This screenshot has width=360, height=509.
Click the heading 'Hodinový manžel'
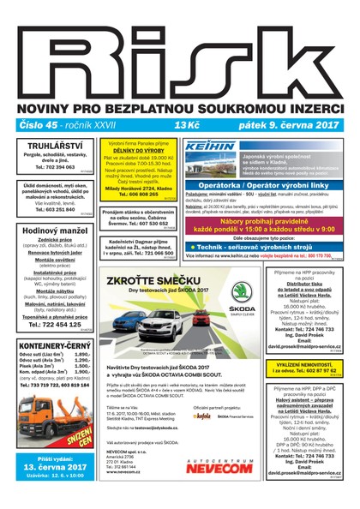tap(53, 231)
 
